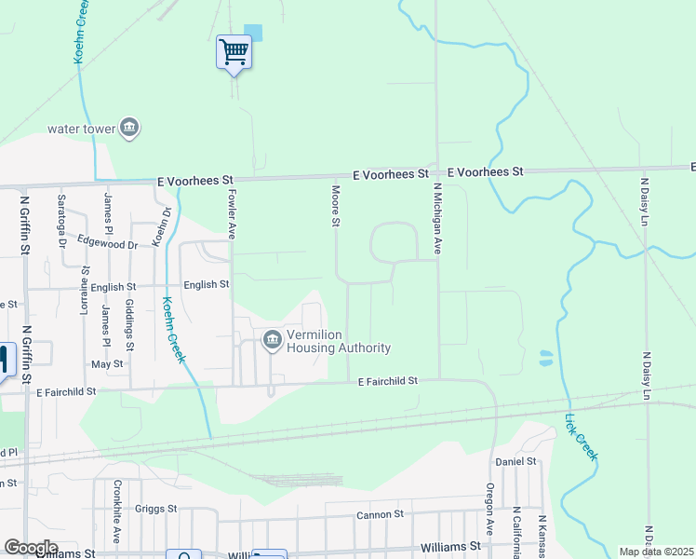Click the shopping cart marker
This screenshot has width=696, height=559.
(234, 50)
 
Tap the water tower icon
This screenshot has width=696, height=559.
(129, 129)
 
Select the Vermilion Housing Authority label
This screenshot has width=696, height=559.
(338, 342)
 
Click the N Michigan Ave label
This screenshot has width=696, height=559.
(435, 219)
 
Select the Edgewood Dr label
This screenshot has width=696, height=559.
(107, 243)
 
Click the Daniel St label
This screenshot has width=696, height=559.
(516, 461)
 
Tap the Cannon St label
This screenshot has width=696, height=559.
(380, 513)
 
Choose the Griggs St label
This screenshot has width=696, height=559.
(154, 509)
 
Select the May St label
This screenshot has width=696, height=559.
(108, 364)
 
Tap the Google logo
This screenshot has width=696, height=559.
(31, 548)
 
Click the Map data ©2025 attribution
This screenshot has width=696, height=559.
(656, 552)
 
